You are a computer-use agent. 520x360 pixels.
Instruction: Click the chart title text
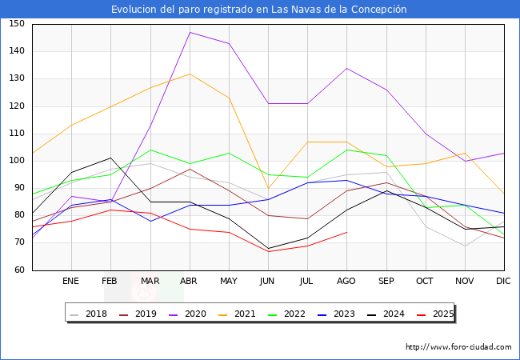pos(259,10)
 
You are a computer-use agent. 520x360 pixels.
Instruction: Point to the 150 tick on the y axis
pos(17,24)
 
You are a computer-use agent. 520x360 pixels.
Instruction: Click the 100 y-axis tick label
pos(17,161)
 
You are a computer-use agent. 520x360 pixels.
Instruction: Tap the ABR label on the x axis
pos(189,282)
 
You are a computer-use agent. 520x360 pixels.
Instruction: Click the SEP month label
pos(386,282)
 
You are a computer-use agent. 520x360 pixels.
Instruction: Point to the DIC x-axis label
pos(503,282)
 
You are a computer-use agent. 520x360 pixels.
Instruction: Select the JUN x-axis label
pos(267,282)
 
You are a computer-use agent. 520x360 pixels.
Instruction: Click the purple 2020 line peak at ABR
pos(190,32)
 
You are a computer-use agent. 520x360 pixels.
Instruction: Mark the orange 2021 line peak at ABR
pos(190,74)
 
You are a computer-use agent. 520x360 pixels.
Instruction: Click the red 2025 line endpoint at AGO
pos(346,232)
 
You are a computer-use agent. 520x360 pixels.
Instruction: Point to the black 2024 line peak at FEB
pos(110,158)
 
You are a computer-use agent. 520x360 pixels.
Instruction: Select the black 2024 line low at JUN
pos(268,248)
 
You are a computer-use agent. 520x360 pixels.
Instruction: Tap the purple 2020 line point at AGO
pos(346,68)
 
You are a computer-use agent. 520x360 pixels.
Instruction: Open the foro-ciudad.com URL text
pos(458,347)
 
